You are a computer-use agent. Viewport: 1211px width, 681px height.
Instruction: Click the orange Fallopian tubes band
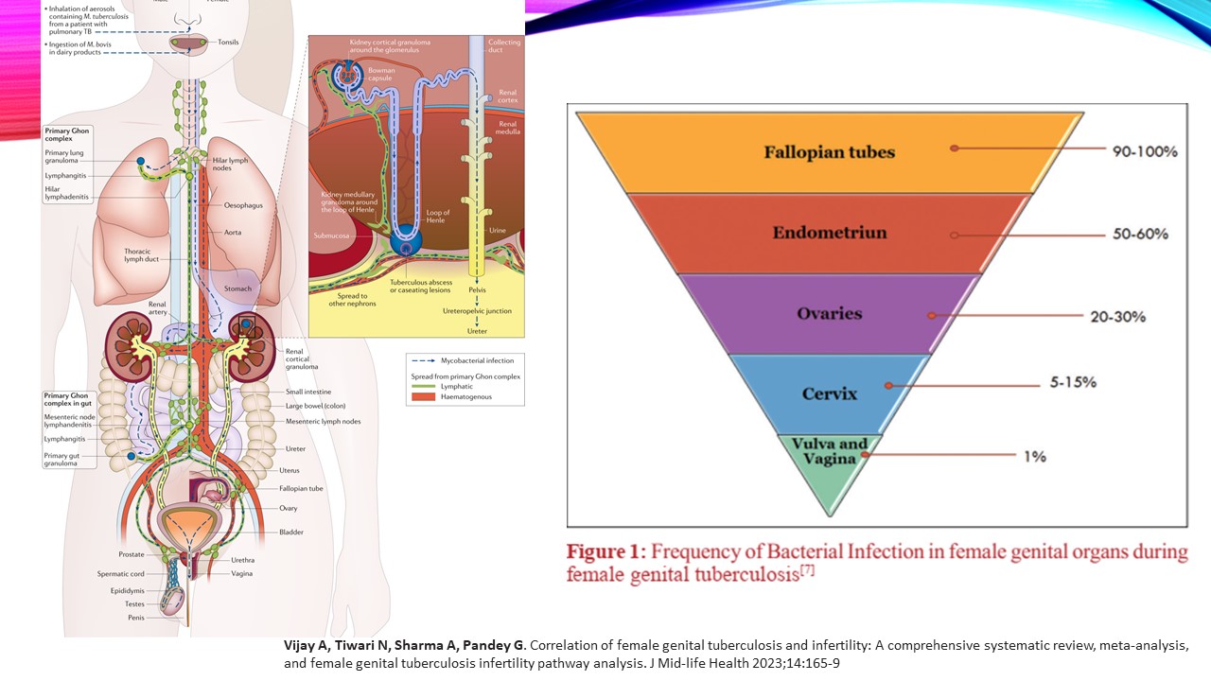tap(831, 152)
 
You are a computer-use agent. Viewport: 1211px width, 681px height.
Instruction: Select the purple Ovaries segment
tap(831, 314)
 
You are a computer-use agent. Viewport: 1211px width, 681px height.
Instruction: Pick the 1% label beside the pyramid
tap(1035, 456)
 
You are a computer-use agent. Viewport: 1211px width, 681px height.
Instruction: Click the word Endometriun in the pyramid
tap(829, 234)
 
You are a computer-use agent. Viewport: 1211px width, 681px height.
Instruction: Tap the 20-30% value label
tap(1118, 316)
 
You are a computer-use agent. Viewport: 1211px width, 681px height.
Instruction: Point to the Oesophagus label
tap(243, 205)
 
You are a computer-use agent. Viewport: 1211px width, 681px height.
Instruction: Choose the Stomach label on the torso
tap(237, 288)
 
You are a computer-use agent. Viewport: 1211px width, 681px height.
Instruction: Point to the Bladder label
tap(291, 532)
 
